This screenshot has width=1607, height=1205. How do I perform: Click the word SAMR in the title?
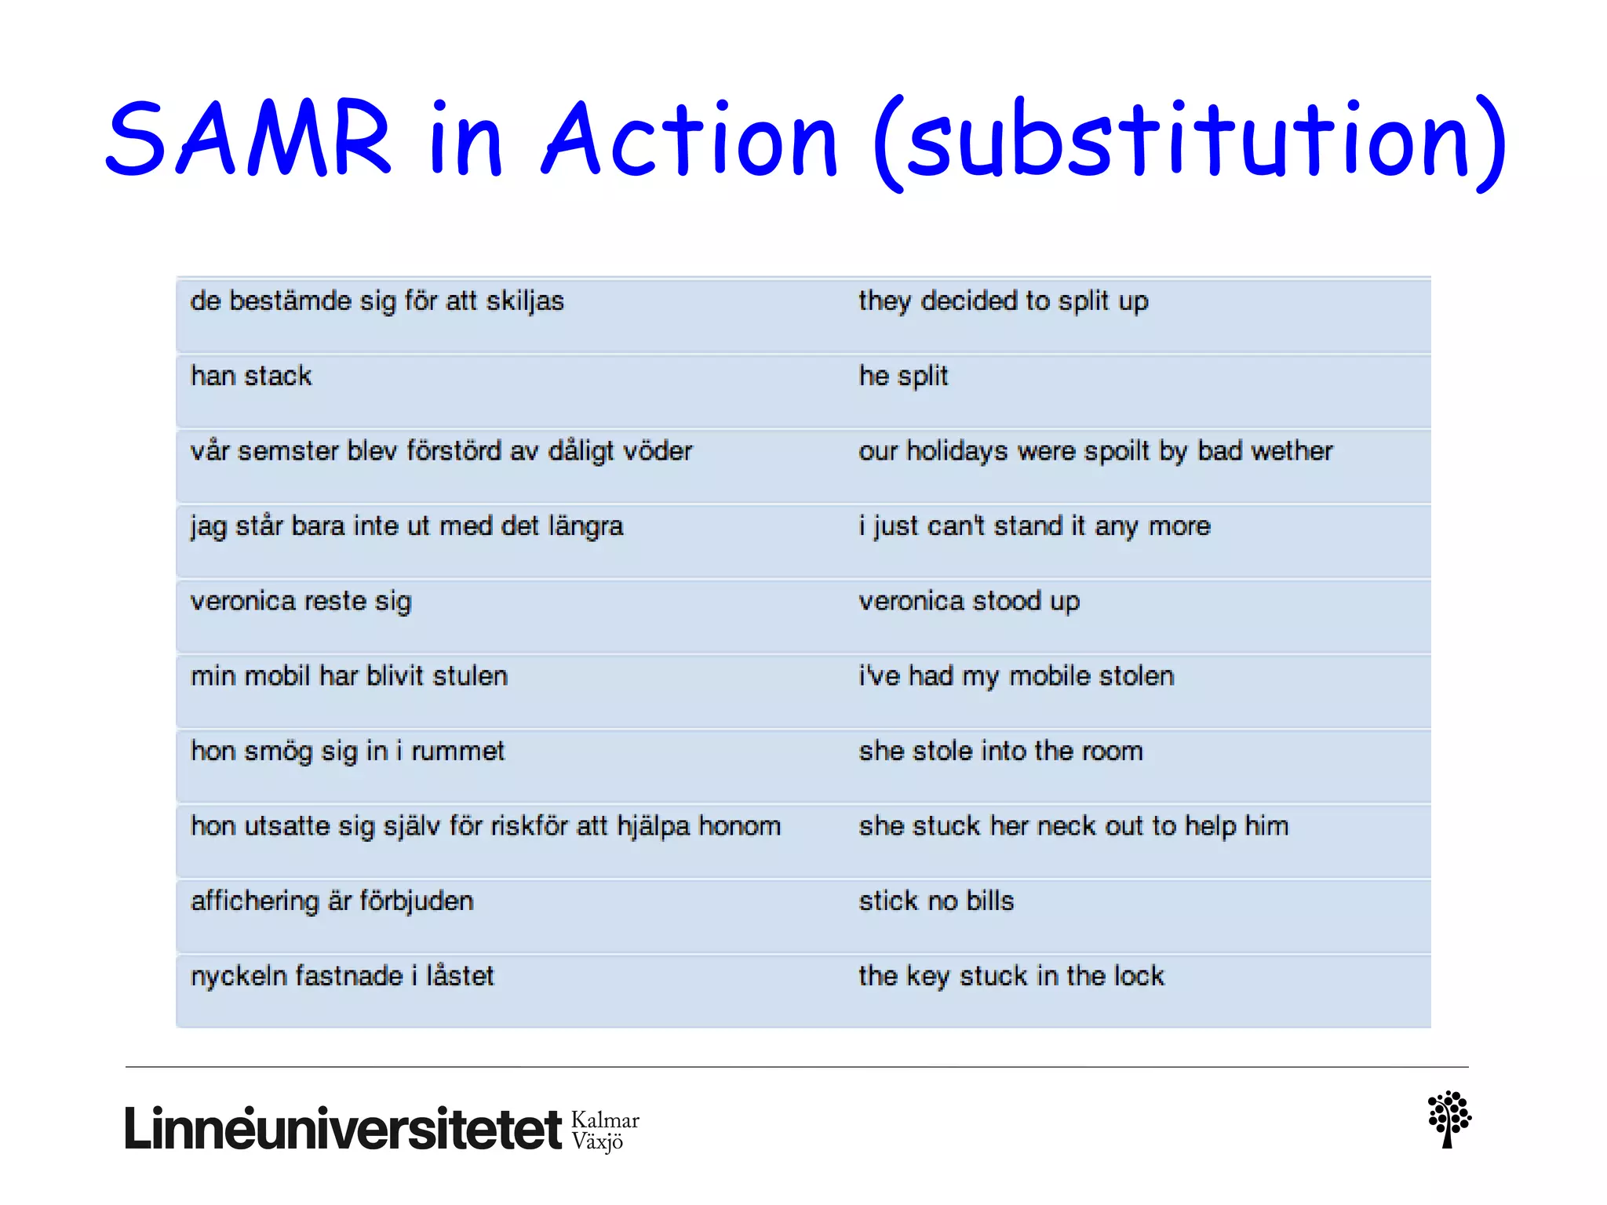249,140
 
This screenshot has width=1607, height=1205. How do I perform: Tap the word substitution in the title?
1189,141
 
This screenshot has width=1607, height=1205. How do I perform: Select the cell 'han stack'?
251,377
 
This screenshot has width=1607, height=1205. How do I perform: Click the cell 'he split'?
903,377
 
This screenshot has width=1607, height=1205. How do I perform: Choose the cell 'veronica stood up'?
969,602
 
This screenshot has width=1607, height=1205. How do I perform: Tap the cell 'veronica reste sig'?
301,602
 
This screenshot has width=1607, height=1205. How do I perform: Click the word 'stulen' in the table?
470,676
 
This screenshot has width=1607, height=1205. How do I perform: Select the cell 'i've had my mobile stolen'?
1016,676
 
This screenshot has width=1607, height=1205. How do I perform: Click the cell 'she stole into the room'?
1000,752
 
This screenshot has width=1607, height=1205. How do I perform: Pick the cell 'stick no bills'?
936,901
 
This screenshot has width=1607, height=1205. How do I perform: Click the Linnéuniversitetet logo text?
343,1130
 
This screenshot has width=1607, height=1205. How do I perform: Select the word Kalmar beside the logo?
605,1120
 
